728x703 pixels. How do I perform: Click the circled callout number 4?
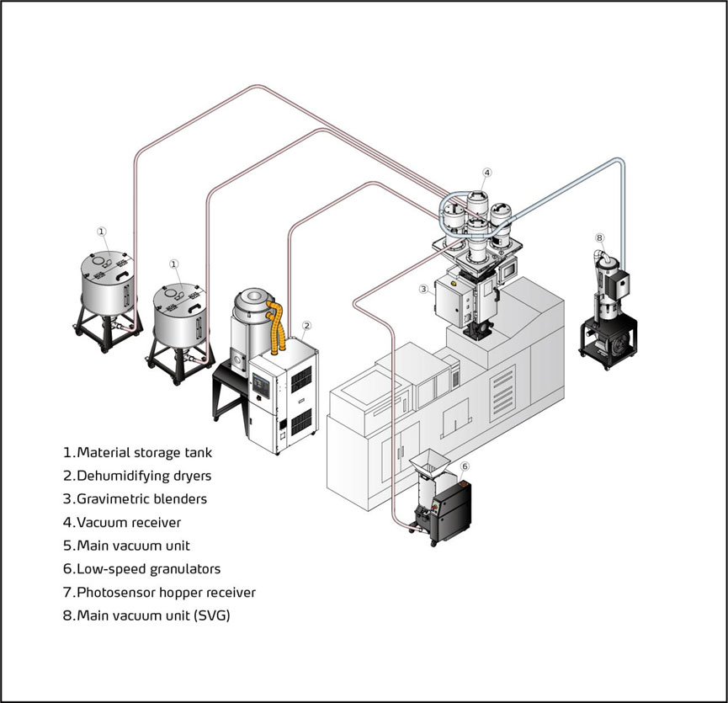click(486, 173)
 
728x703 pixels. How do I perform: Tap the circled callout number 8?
click(599, 237)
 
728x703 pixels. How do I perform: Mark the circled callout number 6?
click(465, 466)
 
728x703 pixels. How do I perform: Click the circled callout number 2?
click(307, 325)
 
